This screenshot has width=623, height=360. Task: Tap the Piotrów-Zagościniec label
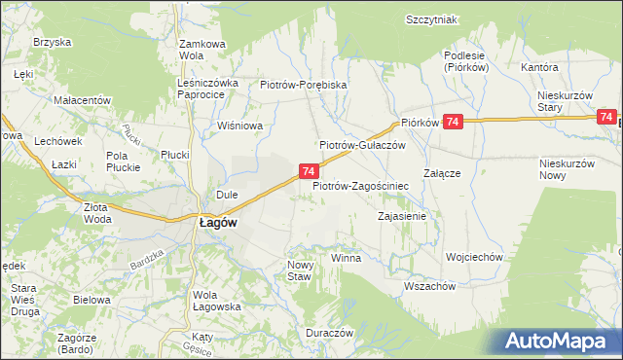tap(360, 184)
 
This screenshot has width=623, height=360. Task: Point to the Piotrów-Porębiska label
tap(304, 85)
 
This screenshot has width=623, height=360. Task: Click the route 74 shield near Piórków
tap(453, 121)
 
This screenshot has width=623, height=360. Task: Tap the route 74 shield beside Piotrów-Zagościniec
tap(308, 171)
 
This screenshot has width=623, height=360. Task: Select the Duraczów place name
tap(328, 332)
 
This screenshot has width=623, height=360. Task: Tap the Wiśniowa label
tap(241, 125)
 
